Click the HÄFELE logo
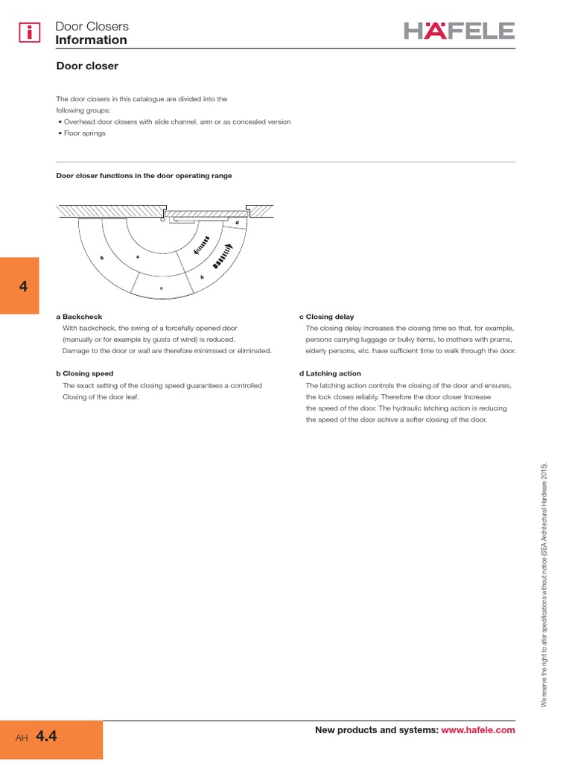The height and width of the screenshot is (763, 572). pos(460,31)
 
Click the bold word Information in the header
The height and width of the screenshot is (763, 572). pos(91,40)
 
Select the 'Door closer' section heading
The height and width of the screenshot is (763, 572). pos(87,66)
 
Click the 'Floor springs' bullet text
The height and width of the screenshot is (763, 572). pos(83,133)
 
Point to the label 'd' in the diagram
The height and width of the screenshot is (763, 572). pos(237,223)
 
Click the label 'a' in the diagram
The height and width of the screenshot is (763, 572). pos(138,256)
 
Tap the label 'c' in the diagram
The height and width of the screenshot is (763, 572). pos(161,288)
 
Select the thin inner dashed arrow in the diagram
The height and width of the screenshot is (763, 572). pos(202,246)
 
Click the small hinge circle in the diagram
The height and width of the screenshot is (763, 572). pos(162,219)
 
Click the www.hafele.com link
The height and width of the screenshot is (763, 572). pos(478,730)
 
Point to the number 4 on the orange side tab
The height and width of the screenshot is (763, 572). pos(24,287)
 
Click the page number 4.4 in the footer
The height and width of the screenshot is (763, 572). pos(46,737)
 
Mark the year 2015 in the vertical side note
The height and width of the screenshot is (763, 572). pos(544,472)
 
